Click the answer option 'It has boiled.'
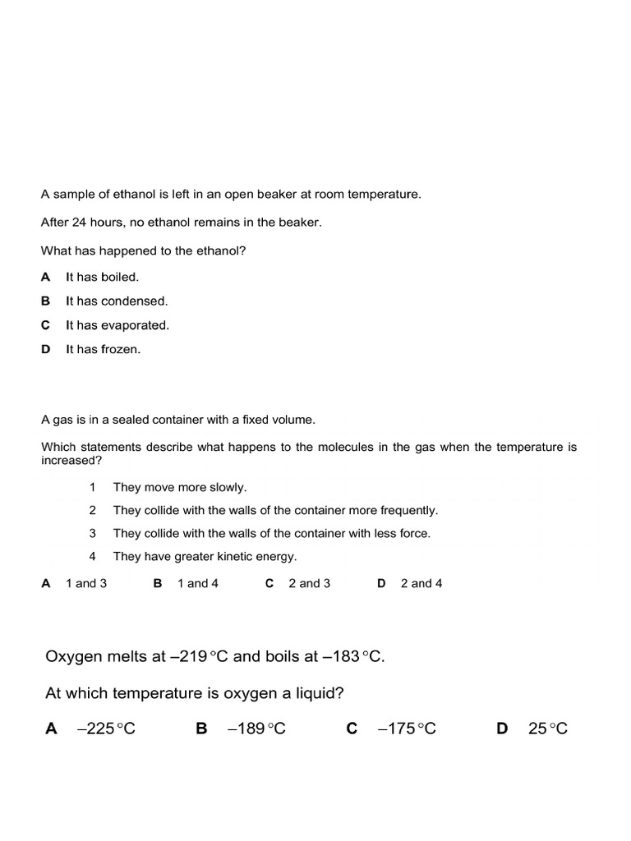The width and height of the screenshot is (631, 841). (x=102, y=278)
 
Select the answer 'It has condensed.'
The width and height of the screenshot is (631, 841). (x=116, y=301)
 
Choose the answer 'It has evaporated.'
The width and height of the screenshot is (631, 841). (x=117, y=325)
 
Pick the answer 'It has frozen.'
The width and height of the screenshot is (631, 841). (x=103, y=349)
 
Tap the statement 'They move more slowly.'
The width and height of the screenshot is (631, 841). (x=179, y=487)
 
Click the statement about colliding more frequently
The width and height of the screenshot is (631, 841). (x=275, y=510)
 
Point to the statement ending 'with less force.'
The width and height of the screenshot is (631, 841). (x=271, y=533)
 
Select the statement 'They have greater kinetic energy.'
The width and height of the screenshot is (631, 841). (x=205, y=557)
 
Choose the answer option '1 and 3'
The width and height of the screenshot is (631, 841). (x=86, y=584)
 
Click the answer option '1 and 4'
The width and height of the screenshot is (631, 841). (x=198, y=584)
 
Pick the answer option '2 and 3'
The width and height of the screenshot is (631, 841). (x=310, y=584)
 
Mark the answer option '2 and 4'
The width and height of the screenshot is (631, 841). (x=421, y=584)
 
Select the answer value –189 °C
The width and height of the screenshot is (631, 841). (x=256, y=728)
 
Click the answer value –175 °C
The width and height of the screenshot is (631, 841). (x=407, y=728)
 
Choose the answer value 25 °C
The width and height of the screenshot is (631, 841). (x=548, y=728)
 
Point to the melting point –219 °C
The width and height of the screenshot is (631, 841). (x=200, y=657)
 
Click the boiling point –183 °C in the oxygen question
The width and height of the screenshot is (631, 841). (x=352, y=657)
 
